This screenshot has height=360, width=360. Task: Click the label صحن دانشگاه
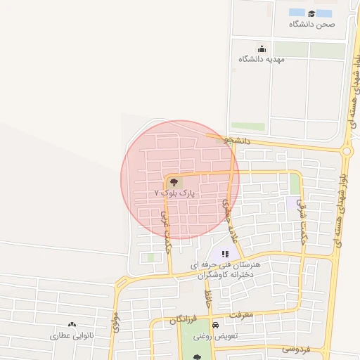click(x=311, y=24)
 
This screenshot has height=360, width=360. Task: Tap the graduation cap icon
click(x=311, y=13)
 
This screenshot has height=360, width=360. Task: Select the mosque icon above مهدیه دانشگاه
click(x=262, y=49)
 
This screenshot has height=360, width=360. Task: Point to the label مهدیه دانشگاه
click(x=261, y=59)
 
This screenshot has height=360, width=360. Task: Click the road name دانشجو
click(x=238, y=141)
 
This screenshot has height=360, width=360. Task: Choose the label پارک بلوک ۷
click(x=174, y=192)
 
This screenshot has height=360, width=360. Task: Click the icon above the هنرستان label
click(x=225, y=254)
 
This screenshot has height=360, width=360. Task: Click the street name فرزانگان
click(x=182, y=319)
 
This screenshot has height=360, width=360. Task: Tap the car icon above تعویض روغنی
click(x=215, y=326)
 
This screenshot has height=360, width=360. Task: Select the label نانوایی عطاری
click(x=71, y=335)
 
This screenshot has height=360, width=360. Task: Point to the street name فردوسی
click(x=295, y=348)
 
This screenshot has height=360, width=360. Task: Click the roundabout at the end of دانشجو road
click(x=346, y=150)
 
